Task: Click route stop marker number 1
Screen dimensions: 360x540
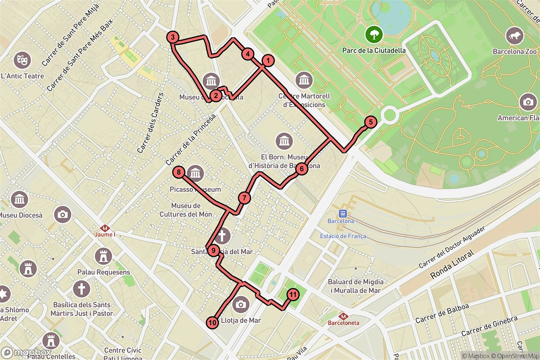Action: click(x=268, y=60)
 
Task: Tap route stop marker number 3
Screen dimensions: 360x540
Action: click(x=173, y=37)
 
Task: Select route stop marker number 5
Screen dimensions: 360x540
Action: click(x=370, y=122)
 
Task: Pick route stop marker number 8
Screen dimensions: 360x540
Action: click(x=179, y=172)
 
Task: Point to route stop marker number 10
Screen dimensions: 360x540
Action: click(x=212, y=322)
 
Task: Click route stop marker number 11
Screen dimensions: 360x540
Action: click(x=292, y=295)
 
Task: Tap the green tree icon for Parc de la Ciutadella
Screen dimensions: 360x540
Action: click(x=374, y=34)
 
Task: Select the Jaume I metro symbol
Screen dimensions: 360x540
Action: click(x=105, y=229)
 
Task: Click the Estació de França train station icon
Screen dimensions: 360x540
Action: click(x=343, y=214)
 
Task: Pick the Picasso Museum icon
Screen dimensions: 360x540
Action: click(x=195, y=173)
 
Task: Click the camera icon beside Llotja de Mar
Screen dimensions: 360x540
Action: click(x=241, y=304)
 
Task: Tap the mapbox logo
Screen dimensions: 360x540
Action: click(x=26, y=352)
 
